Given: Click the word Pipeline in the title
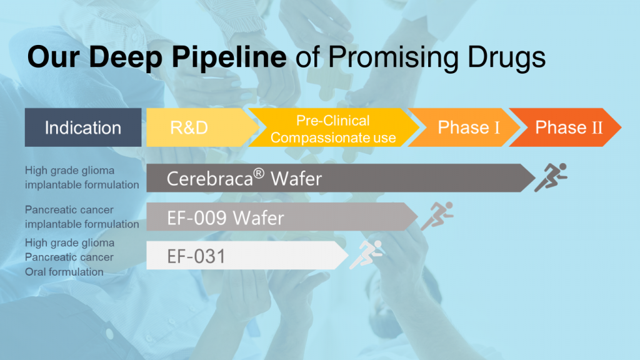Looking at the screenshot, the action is [229, 57].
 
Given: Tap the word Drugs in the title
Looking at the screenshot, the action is [506, 57].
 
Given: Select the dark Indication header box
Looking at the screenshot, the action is [83, 127].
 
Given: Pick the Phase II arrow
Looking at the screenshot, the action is [565, 127].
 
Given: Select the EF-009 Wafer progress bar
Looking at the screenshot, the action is [282, 217].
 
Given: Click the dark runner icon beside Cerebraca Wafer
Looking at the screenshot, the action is [551, 177].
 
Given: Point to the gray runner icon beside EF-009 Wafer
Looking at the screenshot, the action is [437, 216].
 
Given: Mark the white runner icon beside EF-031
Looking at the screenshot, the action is [367, 254].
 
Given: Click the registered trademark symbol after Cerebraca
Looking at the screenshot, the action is [259, 174].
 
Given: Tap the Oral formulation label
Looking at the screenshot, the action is [64, 272].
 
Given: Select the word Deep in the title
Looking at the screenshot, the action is [126, 57].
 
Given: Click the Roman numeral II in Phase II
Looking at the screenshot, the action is [597, 127].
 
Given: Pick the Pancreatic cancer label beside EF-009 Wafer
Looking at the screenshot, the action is [69, 210].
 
